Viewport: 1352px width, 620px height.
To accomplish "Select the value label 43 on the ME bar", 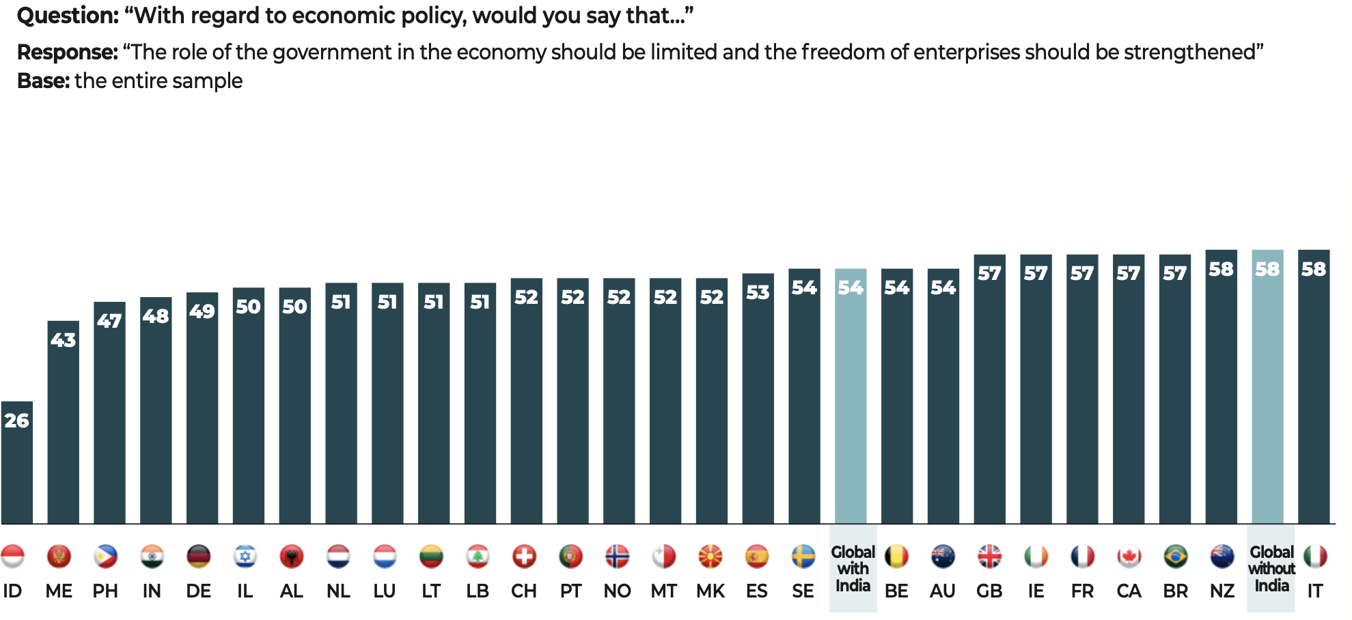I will [64, 340].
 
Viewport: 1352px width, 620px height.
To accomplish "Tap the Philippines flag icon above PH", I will [105, 556].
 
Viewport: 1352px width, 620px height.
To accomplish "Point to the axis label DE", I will [198, 591].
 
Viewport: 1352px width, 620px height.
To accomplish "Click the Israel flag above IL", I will [245, 556].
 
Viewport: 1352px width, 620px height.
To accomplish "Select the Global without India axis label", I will [1271, 569].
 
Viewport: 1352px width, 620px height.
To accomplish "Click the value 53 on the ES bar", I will [758, 293].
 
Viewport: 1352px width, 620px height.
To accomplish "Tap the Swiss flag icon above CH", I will [525, 556].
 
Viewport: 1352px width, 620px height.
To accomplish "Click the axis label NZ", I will [1222, 591].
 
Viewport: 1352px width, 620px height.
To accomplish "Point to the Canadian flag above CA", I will [1129, 556].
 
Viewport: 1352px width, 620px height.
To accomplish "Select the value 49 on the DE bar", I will [202, 311].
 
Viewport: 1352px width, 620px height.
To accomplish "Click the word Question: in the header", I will [68, 16].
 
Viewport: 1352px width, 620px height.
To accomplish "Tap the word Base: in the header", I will [43, 81].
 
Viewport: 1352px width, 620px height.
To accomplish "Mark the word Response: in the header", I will [68, 52].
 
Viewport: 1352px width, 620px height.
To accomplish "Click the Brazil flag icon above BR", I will [1175, 556].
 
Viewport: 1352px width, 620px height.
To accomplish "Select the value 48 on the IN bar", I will [156, 316].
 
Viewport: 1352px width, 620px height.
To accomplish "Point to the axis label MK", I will [711, 591].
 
